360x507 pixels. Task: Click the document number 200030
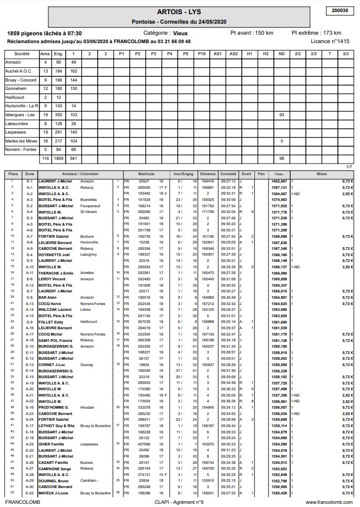coord(341,10)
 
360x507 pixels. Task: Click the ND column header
coord(282,53)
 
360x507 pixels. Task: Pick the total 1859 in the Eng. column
coord(58,158)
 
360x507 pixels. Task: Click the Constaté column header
coord(228,174)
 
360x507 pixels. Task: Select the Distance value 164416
coord(208,181)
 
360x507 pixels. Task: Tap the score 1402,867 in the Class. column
coord(279,181)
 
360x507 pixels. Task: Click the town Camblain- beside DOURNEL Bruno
coord(89,481)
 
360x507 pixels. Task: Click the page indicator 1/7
coord(349,166)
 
